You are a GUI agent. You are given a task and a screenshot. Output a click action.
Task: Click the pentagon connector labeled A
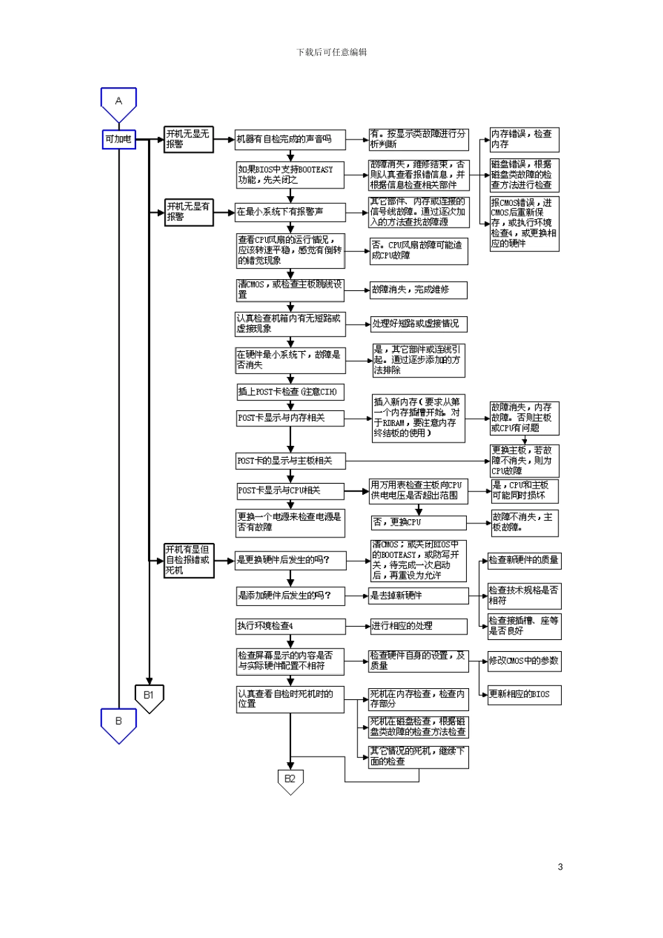point(119,103)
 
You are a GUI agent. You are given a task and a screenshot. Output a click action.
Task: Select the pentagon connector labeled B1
point(149,697)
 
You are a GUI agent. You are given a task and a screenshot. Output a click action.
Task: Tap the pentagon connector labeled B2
point(290,780)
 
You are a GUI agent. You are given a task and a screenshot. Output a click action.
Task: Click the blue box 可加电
point(119,140)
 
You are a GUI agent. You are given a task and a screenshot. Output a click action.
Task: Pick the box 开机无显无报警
point(188,139)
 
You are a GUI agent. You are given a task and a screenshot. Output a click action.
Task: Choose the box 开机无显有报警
point(188,211)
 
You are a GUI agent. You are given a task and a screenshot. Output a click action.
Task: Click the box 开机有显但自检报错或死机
point(188,560)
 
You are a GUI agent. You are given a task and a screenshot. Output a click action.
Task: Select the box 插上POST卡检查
point(290,392)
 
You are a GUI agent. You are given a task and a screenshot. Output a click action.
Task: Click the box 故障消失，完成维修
point(418,290)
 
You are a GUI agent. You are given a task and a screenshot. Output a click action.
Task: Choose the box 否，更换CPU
point(418,522)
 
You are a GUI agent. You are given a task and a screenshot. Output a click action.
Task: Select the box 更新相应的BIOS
point(524,694)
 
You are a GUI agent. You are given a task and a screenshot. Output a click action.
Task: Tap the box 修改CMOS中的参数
point(524,661)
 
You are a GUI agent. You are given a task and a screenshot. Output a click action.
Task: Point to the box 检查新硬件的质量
point(524,560)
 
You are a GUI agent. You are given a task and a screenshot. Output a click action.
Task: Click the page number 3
point(560,867)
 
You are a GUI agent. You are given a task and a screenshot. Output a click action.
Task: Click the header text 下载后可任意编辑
point(331,52)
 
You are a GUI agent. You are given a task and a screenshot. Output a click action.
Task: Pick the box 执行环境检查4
point(290,626)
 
